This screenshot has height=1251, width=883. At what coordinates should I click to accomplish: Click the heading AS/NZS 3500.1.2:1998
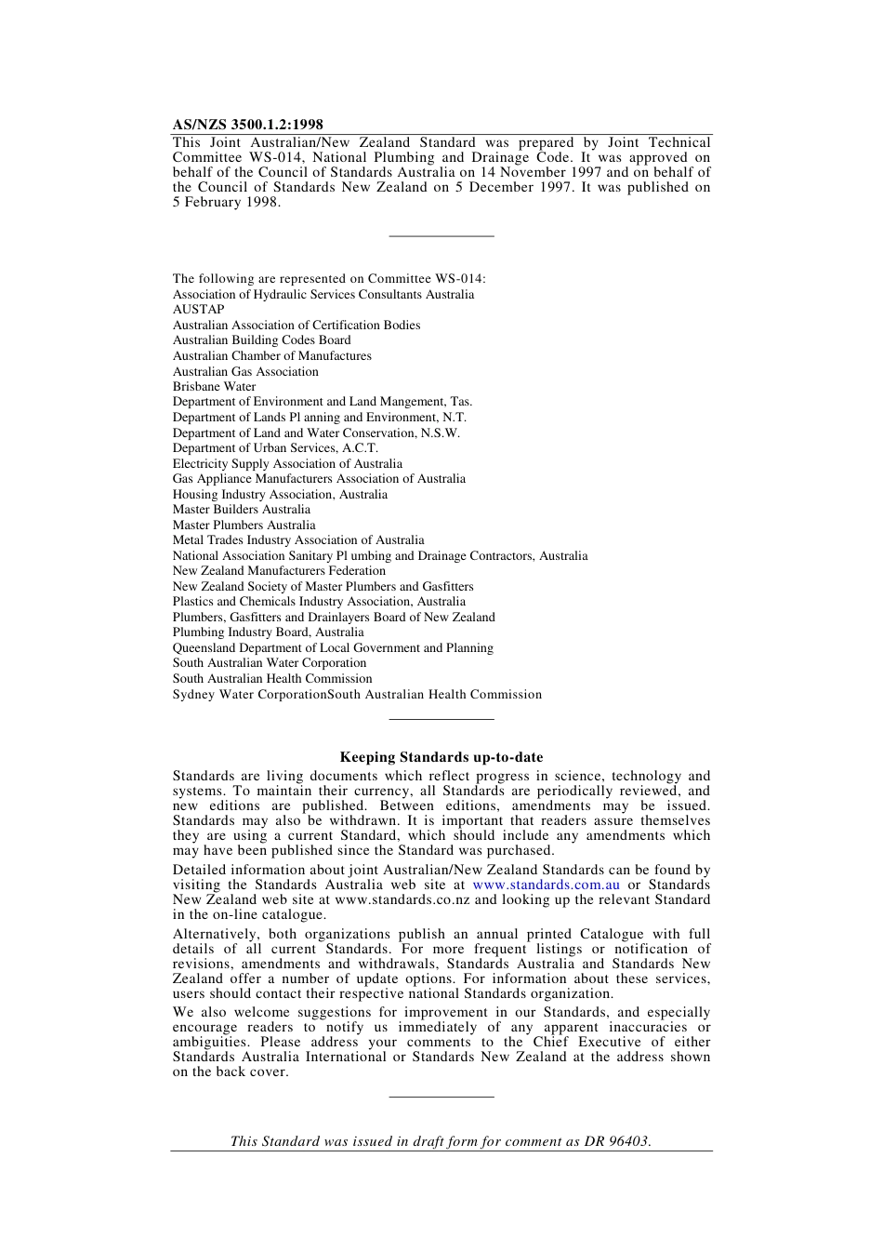[x=247, y=125]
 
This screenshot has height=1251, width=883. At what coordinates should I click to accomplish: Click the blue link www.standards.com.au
[x=546, y=885]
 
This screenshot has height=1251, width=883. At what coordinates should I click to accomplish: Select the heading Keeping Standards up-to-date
[x=441, y=757]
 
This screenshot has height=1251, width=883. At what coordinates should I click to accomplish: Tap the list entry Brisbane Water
[x=214, y=387]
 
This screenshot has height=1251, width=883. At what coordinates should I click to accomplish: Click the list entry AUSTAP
[x=198, y=310]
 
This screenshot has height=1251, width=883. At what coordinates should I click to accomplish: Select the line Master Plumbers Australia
[x=244, y=526]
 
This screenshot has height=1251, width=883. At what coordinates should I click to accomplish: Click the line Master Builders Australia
[x=241, y=510]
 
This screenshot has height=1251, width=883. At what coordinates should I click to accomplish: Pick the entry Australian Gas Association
[x=245, y=371]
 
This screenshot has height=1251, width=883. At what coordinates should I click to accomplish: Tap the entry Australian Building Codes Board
[x=261, y=340]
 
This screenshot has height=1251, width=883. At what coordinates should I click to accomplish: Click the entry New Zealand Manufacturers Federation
[x=279, y=571]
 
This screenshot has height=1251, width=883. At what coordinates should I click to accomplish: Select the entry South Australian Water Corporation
[x=269, y=663]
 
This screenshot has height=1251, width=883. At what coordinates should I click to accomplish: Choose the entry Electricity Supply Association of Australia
[x=287, y=464]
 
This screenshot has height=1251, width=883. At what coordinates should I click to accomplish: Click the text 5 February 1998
[x=226, y=202]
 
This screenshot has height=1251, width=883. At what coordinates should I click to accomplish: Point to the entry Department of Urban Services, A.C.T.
[x=275, y=448]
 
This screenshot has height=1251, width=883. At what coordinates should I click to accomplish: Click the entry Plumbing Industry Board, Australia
[x=268, y=632]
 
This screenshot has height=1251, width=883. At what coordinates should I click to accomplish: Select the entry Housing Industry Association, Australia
[x=280, y=495]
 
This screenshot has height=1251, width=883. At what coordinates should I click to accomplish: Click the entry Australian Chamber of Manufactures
[x=271, y=356]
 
